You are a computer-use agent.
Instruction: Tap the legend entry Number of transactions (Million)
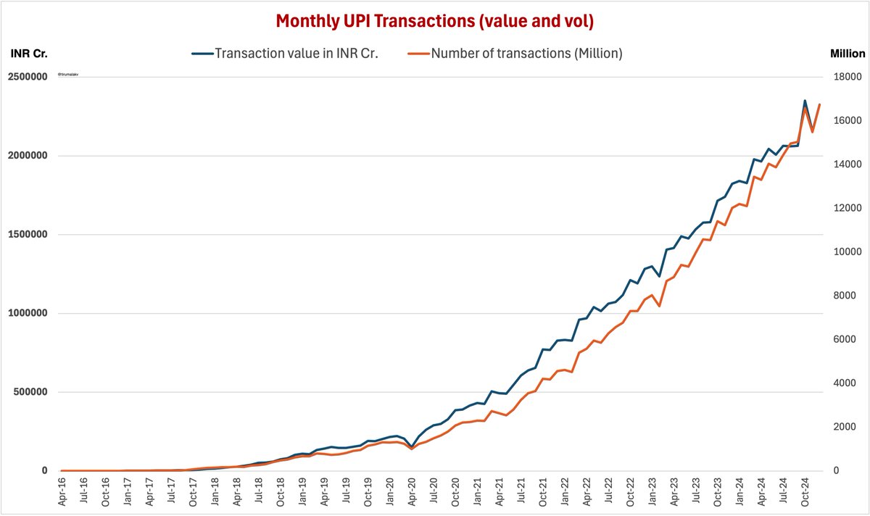pyautogui.click(x=526, y=54)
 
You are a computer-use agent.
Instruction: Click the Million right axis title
pyautogui.click(x=847, y=54)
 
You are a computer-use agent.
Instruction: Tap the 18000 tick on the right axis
pyautogui.click(x=846, y=77)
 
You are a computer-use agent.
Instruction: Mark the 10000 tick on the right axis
pyautogui.click(x=846, y=252)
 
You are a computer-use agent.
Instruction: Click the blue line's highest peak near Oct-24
pyautogui.click(x=805, y=101)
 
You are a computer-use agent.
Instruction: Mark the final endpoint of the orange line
pyautogui.click(x=819, y=104)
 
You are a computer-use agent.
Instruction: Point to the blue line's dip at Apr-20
pyautogui.click(x=412, y=446)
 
